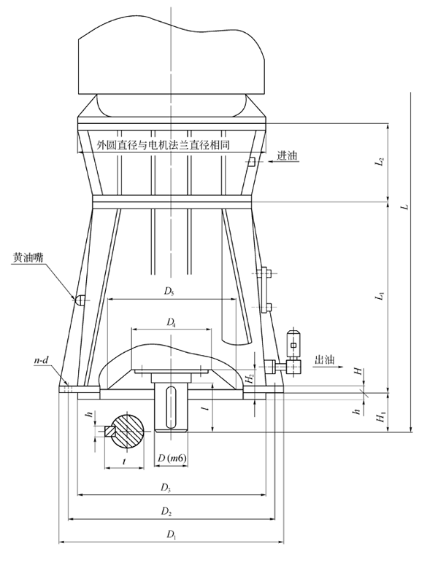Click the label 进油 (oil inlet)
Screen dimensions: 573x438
click(287, 156)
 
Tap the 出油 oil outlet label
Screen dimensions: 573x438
click(324, 359)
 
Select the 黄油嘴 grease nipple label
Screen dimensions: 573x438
click(27, 257)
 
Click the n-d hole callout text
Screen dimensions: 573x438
click(42, 360)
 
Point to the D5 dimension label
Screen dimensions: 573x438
click(169, 292)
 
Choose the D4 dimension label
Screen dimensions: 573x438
click(171, 321)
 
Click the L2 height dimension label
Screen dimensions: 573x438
click(380, 162)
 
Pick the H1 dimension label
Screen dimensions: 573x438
click(380, 416)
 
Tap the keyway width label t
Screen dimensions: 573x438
click(126, 461)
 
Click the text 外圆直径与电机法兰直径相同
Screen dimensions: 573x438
click(164, 145)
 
